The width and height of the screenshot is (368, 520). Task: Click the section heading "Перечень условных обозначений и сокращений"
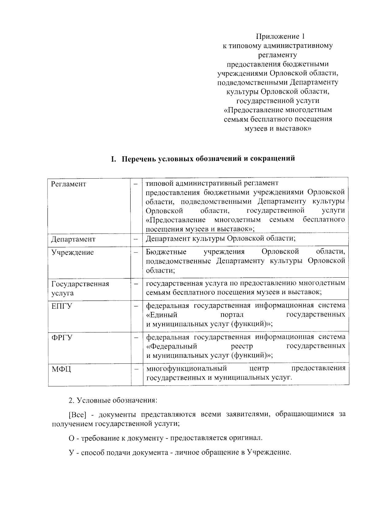click(203, 159)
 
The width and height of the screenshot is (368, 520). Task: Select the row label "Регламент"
click(69, 184)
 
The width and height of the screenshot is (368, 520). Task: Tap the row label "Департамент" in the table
click(73, 239)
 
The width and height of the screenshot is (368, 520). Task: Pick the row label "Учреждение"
click(72, 252)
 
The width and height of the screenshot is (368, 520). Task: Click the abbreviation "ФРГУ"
click(62, 338)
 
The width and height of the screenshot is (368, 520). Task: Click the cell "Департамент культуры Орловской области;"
click(220, 238)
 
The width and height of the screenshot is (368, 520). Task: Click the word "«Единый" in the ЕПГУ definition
click(162, 315)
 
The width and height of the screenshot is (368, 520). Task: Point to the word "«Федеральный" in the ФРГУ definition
click(171, 346)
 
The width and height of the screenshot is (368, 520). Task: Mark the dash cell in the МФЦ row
click(136, 369)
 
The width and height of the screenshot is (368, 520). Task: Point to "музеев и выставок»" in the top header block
click(278, 129)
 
